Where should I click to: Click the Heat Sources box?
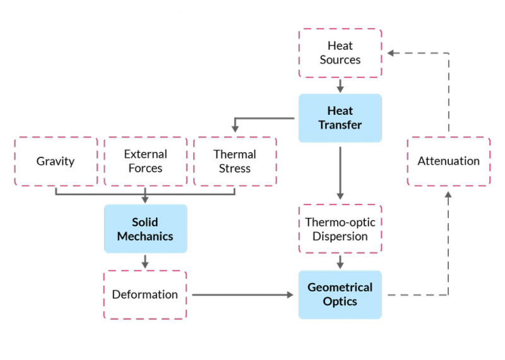(x=340, y=53)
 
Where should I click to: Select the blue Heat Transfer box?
(x=340, y=118)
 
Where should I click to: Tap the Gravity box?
(x=56, y=161)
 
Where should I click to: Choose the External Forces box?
(x=145, y=161)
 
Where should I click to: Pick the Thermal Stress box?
(x=235, y=161)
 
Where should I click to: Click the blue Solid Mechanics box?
(x=145, y=229)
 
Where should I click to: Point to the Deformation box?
(x=145, y=294)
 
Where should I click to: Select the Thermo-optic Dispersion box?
(x=340, y=229)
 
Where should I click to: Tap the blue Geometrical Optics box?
(x=340, y=294)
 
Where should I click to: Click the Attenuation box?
(x=448, y=161)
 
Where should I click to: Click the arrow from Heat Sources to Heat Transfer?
(x=340, y=86)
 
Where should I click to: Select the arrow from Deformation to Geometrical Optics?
(x=243, y=294)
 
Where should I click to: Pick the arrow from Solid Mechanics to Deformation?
(x=145, y=261)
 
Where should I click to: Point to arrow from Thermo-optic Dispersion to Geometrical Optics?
(x=340, y=261)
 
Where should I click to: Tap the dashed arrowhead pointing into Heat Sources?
(x=391, y=53)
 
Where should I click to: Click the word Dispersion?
(x=340, y=237)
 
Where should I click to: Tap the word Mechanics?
(x=145, y=237)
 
